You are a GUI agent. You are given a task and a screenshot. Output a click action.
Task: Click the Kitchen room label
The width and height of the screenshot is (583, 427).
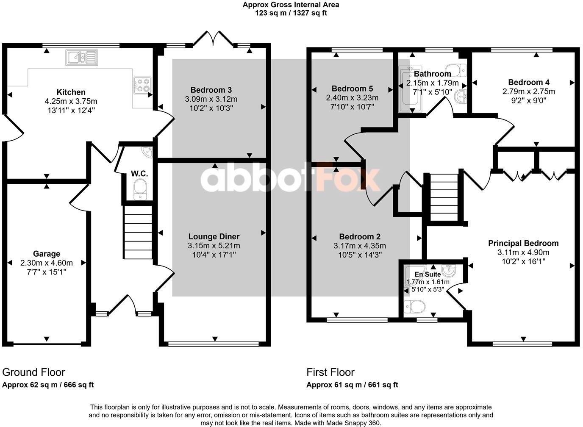(71, 92)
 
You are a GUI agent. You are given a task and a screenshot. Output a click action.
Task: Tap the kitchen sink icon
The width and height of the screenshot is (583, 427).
(82, 58)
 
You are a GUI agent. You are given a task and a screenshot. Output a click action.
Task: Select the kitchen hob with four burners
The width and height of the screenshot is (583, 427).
(142, 85)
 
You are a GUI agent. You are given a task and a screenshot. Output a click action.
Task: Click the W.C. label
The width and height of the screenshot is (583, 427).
(139, 174)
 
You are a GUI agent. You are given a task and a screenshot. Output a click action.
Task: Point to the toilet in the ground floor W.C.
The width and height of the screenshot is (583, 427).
(139, 188)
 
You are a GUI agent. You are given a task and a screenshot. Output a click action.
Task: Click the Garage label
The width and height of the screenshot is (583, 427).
(47, 254)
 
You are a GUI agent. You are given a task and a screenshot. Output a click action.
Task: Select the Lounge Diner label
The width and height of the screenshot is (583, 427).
(214, 237)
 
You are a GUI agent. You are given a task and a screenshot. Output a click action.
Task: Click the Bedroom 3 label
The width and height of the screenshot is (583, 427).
(211, 90)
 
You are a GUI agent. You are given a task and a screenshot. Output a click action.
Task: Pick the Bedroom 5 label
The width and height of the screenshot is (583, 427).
(352, 89)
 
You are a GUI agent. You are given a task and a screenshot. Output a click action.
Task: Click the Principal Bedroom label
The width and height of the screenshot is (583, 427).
(523, 243)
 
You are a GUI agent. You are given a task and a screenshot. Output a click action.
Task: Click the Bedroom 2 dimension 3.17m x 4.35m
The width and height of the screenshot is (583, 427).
(360, 246)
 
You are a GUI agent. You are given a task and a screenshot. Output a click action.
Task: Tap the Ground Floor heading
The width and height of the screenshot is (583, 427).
(34, 372)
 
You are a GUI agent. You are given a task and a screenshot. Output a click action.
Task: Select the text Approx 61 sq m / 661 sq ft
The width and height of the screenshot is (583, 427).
(352, 385)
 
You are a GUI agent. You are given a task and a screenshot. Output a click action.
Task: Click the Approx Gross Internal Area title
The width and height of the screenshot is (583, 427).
(291, 5)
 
